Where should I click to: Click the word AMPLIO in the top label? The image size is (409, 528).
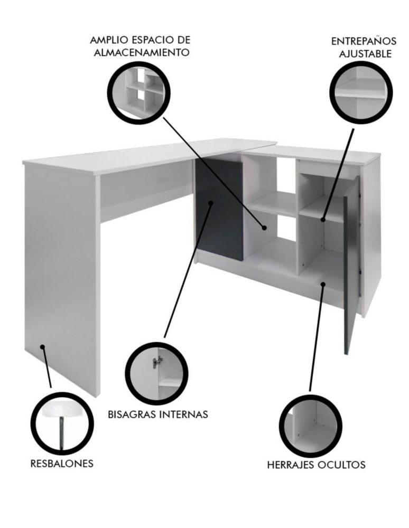point(108,40)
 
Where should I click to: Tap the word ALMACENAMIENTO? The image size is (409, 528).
point(142,52)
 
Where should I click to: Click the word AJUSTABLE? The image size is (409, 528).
point(365,54)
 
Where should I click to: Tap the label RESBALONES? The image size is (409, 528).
point(62,464)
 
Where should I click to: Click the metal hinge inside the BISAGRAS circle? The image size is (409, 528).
point(156,362)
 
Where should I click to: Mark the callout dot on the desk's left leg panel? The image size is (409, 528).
point(42,346)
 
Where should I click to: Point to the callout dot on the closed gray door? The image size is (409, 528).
point(211,203)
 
